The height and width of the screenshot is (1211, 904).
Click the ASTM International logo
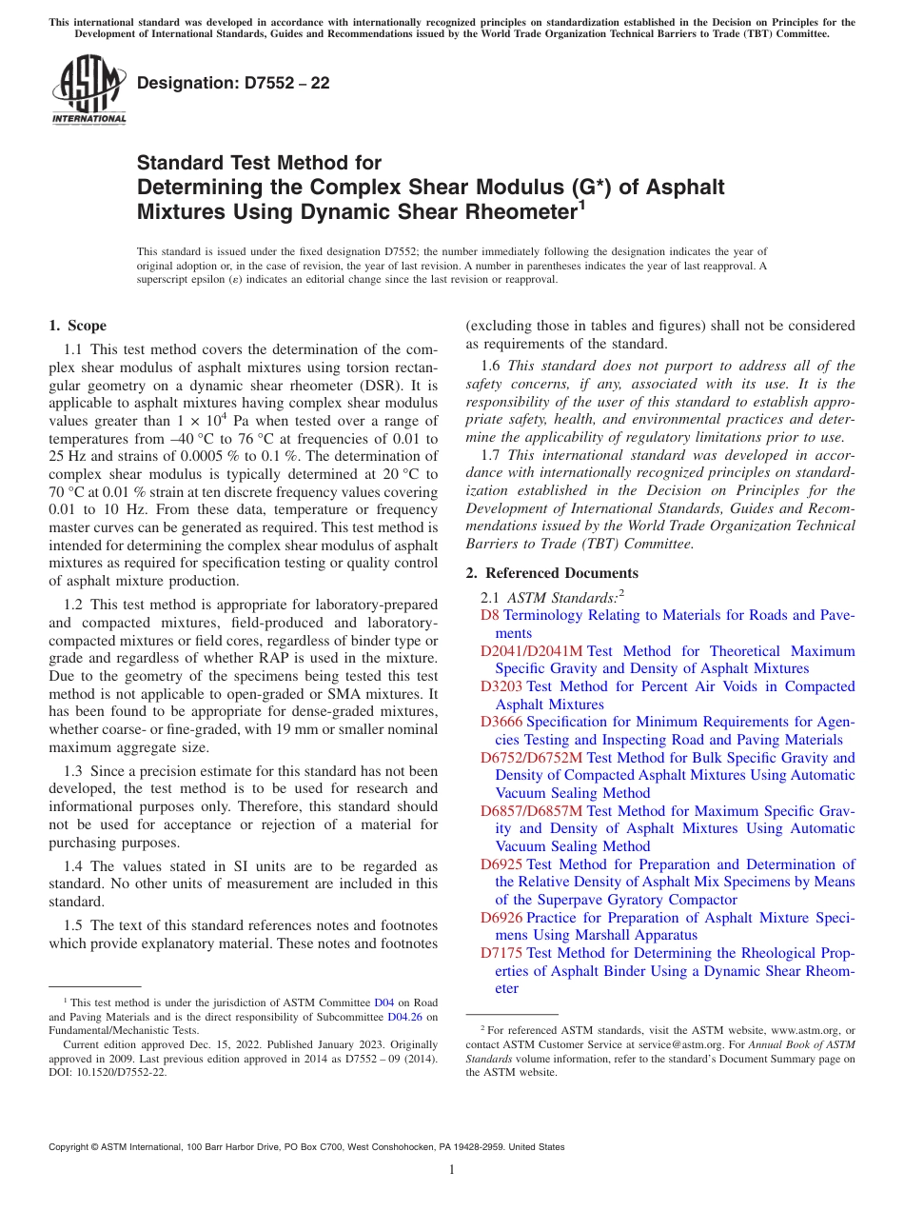tap(88, 90)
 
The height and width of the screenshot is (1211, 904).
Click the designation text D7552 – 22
tap(233, 83)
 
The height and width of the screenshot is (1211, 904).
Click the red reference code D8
tap(490, 615)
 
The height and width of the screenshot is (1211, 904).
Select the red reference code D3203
tap(501, 686)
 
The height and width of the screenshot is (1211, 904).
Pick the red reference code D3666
tap(501, 722)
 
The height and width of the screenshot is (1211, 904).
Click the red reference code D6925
tap(501, 864)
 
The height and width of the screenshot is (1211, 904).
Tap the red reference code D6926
tap(501, 918)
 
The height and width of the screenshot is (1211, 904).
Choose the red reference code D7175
tap(501, 953)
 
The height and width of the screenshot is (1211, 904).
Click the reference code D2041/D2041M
tap(531, 651)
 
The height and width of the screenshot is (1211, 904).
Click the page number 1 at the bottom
tap(452, 1170)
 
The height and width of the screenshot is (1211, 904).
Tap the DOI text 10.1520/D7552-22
tap(122, 1072)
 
